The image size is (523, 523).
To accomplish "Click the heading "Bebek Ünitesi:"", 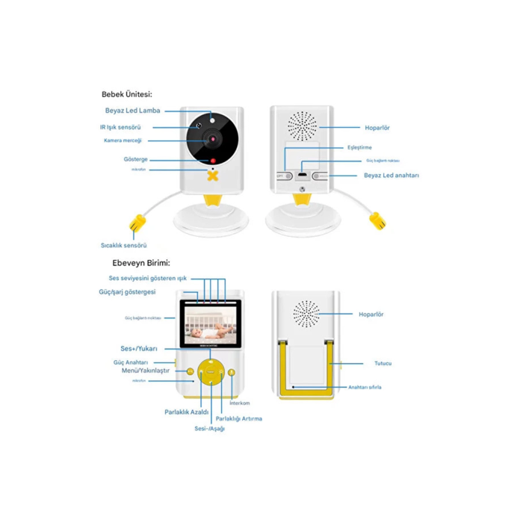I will point(127,94).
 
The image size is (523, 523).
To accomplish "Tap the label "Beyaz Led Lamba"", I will point(133,111).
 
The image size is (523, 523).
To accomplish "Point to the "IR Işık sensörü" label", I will point(123,127).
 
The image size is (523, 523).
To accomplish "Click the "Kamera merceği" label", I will point(123,140).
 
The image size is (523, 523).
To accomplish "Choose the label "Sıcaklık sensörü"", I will point(124,245).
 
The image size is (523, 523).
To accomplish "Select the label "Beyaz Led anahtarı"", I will point(392,176).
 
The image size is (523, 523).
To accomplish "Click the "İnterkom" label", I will point(240,403).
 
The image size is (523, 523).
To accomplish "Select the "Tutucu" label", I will point(383,363).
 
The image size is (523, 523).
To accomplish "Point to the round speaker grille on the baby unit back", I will point(303,126).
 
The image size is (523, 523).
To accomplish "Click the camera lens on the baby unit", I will point(212,139).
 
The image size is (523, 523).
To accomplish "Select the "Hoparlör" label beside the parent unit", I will point(371,315).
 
